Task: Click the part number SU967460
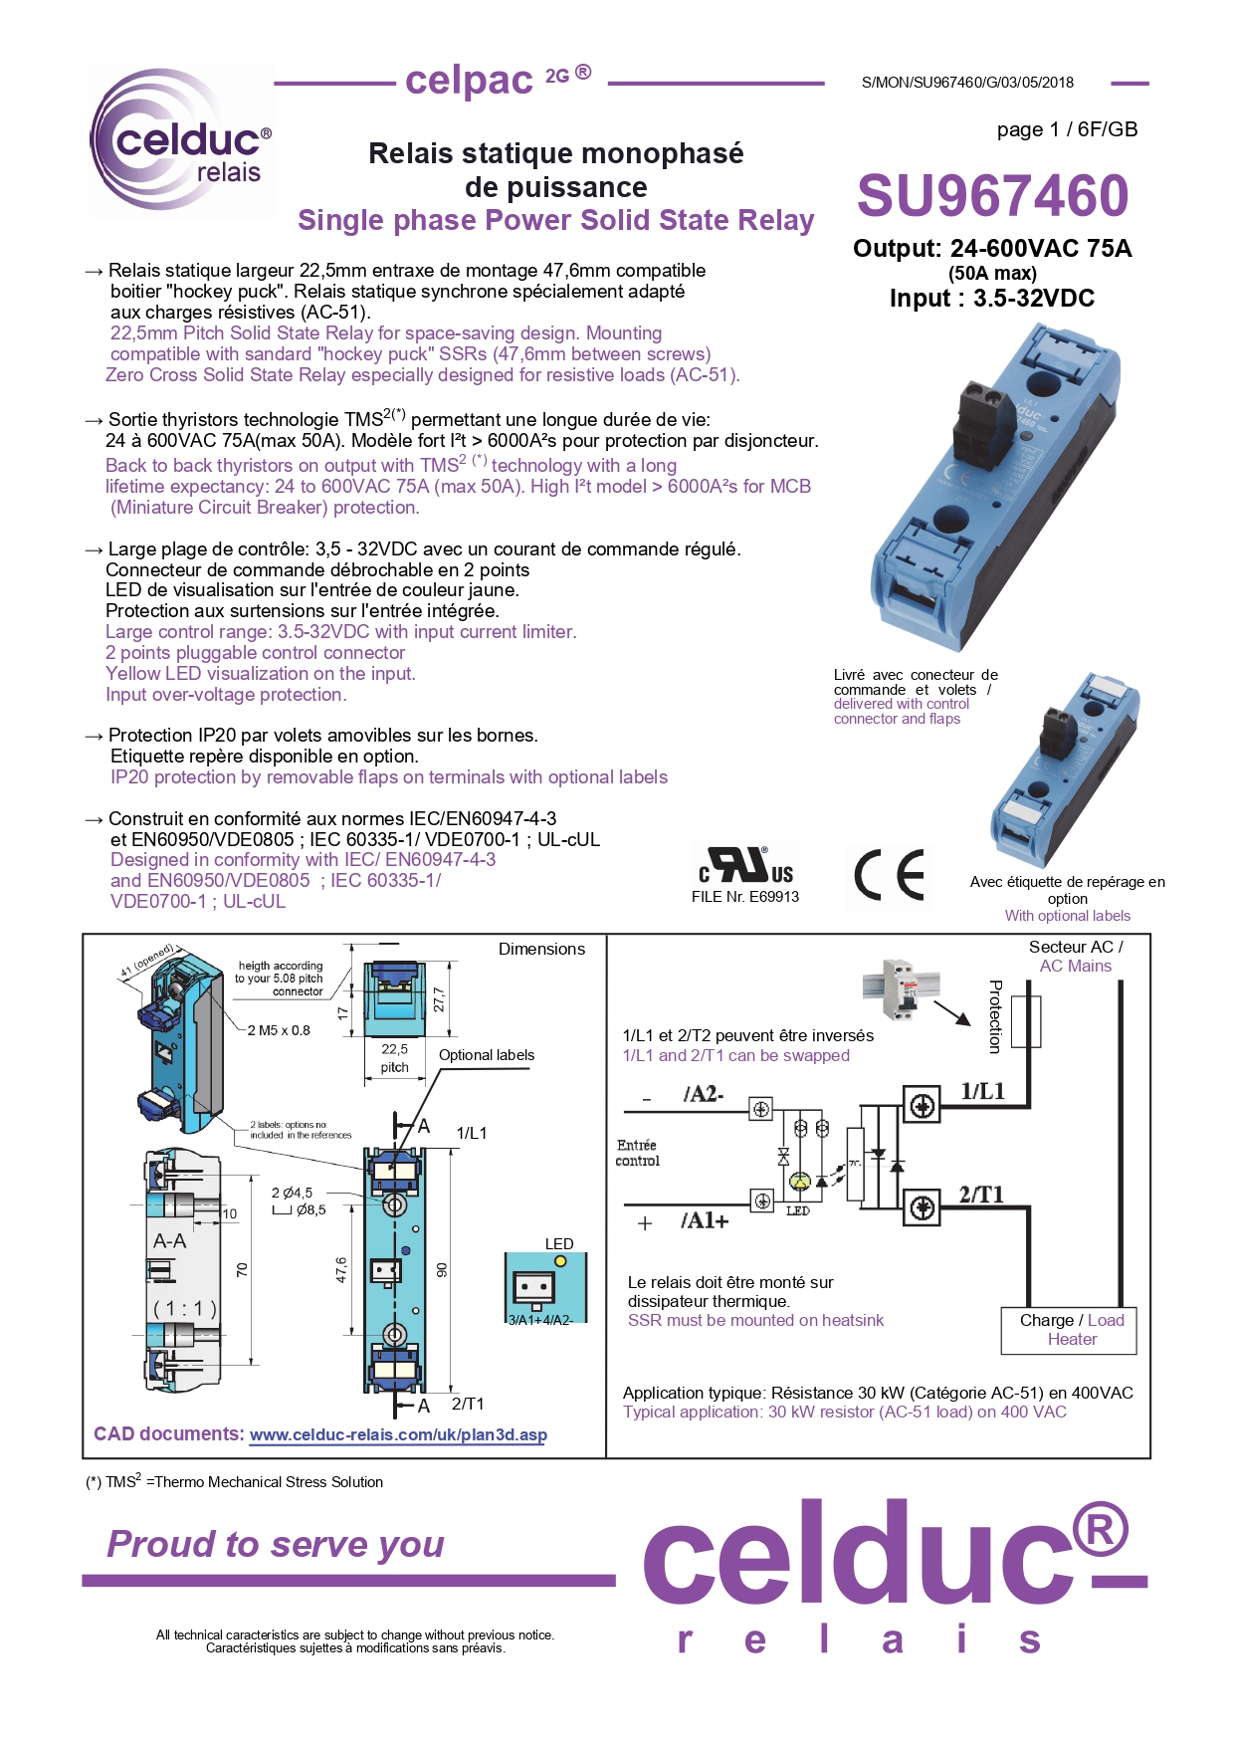click(x=992, y=195)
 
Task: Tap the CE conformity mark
click(x=889, y=875)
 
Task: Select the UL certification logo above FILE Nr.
click(x=746, y=864)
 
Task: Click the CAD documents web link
click(x=397, y=1434)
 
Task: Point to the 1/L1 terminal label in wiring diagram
click(x=982, y=1091)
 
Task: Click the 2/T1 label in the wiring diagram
click(x=980, y=1195)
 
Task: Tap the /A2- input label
click(x=704, y=1094)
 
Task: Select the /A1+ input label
click(x=705, y=1221)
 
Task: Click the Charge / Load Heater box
click(x=1069, y=1330)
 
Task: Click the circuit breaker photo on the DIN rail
click(x=900, y=988)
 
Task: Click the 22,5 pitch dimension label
click(x=394, y=1057)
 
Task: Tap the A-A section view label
click(x=169, y=1241)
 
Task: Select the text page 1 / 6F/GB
click(x=1067, y=129)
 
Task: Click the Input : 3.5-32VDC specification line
click(x=991, y=299)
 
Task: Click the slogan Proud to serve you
click(x=276, y=1544)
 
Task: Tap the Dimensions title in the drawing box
click(x=541, y=949)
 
